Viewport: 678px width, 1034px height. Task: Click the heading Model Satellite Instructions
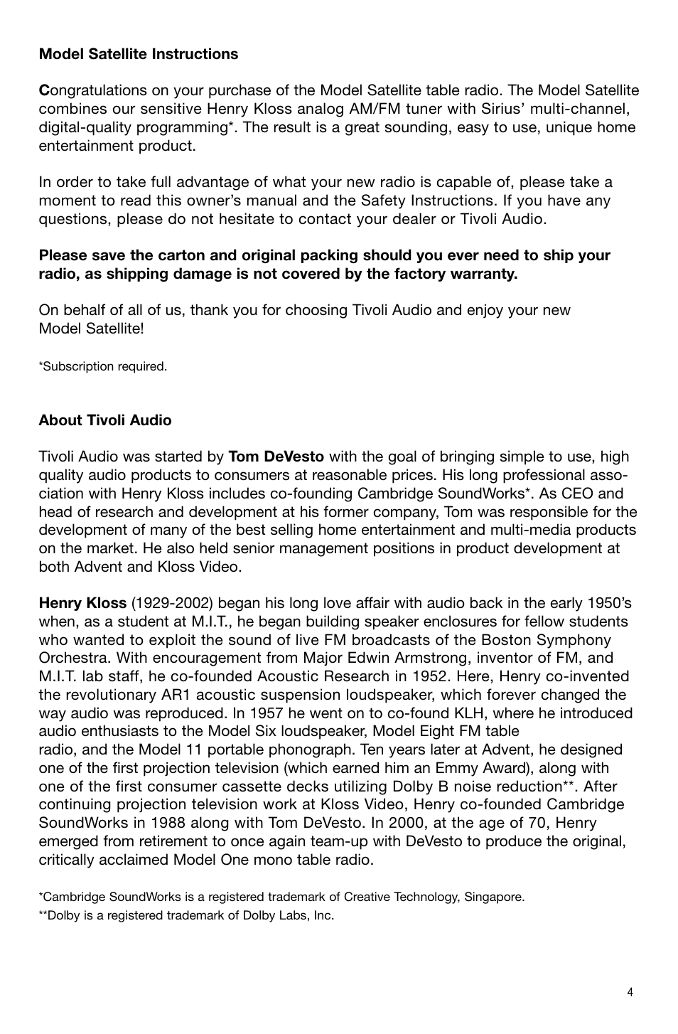(x=139, y=54)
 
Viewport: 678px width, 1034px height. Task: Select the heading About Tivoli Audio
(x=105, y=420)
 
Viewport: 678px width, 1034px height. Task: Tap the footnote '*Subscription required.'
(x=103, y=366)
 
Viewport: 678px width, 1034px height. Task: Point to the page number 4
(x=630, y=993)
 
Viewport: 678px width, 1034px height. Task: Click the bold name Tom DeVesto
(x=276, y=457)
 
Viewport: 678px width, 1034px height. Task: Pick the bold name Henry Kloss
(x=82, y=603)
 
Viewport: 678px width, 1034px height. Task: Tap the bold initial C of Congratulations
(x=43, y=90)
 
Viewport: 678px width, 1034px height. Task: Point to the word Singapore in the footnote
(x=495, y=897)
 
